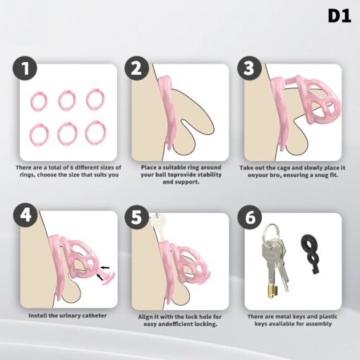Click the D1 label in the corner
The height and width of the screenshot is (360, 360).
coord(340,16)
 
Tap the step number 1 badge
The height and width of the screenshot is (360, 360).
coord(25,68)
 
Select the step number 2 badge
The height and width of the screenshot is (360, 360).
coord(137,68)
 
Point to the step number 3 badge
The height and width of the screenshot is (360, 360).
coord(249,68)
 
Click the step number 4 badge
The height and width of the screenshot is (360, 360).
coord(25,215)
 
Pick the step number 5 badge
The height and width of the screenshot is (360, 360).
coord(137,217)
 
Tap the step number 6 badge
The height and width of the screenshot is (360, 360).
coord(249,217)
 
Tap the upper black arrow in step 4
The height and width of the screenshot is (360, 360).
coord(105,268)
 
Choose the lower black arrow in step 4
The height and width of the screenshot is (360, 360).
coord(100,277)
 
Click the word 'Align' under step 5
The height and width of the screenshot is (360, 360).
coord(145,317)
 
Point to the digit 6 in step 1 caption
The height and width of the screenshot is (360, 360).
coord(72,167)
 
